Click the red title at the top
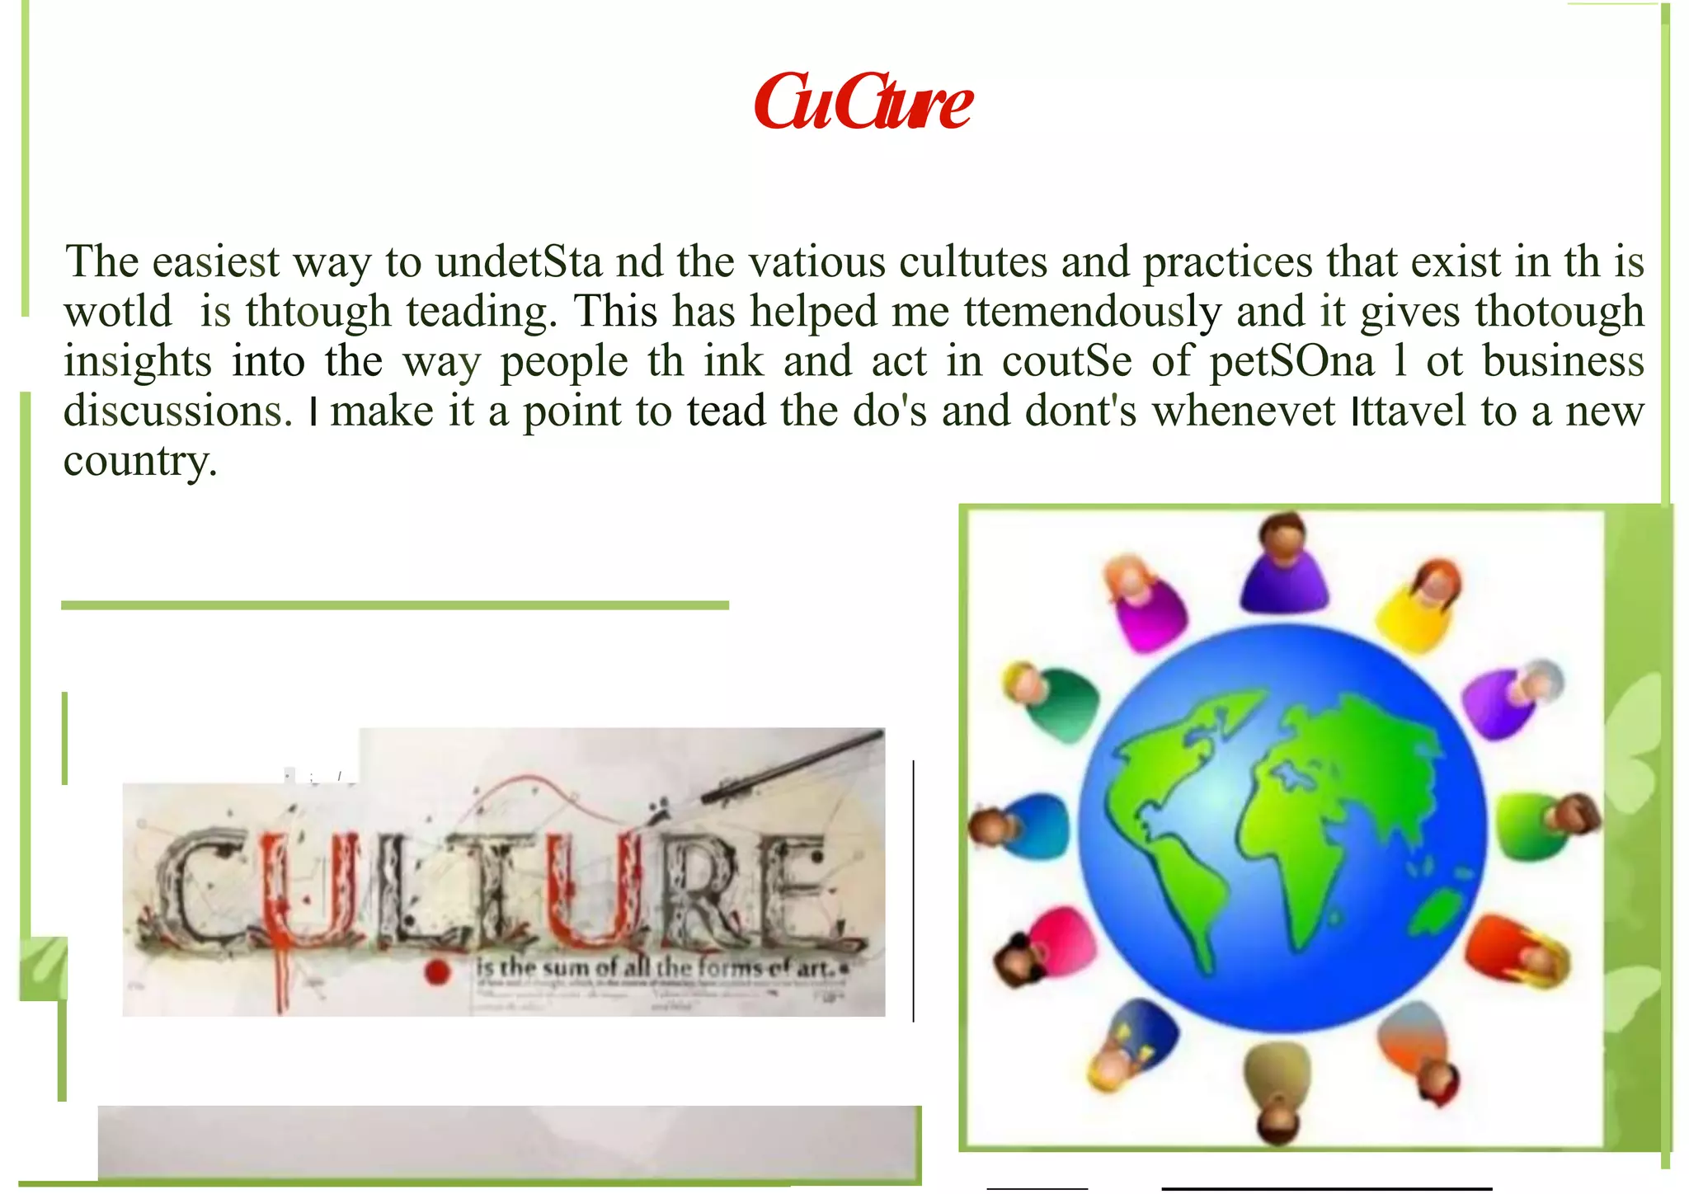(863, 103)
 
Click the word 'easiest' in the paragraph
(216, 262)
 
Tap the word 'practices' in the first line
(1227, 262)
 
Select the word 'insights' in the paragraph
(138, 362)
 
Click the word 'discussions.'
(178, 411)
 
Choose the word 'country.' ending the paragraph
(140, 460)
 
